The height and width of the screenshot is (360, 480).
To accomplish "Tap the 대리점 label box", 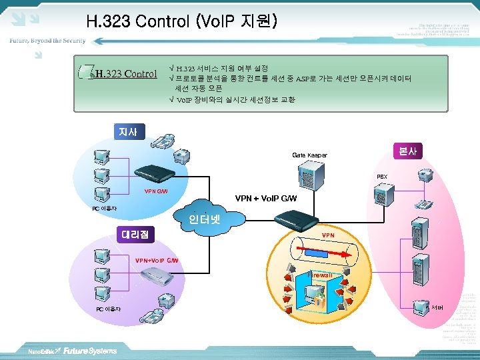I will click(x=135, y=234).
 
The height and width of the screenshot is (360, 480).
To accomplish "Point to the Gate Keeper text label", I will click(x=309, y=155).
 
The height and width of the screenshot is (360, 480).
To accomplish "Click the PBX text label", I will click(x=382, y=177).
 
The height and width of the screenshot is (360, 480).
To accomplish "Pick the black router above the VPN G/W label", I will click(x=155, y=175).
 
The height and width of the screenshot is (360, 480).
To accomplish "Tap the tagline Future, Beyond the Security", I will click(x=47, y=41).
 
